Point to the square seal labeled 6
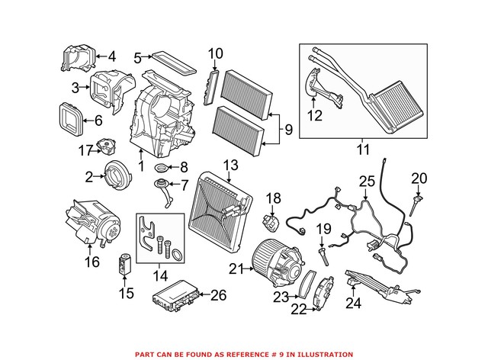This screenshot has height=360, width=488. pos(75,117)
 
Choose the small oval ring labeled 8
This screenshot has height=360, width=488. pos(162,168)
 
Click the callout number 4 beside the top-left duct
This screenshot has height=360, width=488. pos(111,56)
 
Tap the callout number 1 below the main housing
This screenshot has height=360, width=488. pos(140,166)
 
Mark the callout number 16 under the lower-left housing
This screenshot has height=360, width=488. pos(91,262)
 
